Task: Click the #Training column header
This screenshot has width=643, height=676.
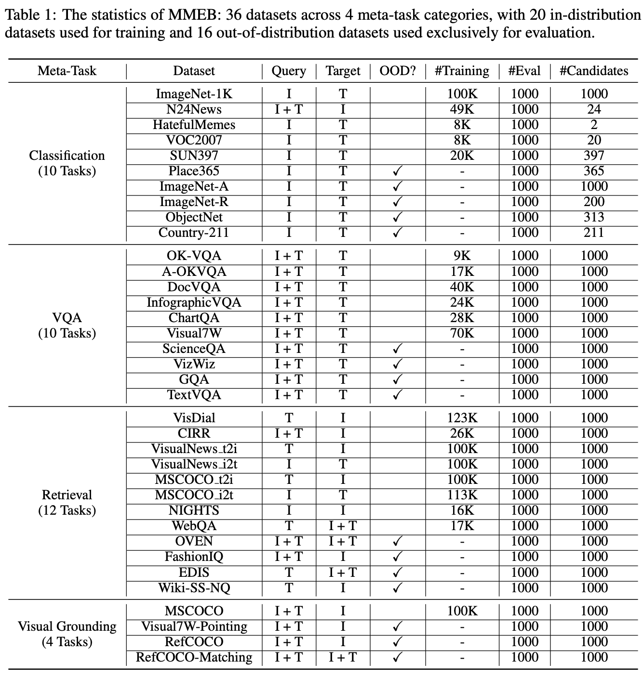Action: tap(462, 71)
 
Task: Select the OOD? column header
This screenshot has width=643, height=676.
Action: tap(397, 71)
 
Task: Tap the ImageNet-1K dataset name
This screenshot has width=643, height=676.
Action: tap(194, 94)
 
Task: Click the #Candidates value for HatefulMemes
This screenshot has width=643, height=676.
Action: tap(594, 125)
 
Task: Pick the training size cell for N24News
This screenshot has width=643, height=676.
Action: tap(462, 109)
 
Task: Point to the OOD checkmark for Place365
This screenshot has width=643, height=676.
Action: tap(397, 171)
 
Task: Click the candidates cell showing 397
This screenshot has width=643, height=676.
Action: tap(594, 156)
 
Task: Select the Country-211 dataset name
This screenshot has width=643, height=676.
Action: tap(194, 233)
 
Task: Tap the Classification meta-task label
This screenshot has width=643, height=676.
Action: tap(67, 156)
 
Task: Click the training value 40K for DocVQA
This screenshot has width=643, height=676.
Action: tap(462, 287)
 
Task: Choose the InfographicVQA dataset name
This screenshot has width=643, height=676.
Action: tap(194, 302)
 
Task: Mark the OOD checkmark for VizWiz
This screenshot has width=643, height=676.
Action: tap(397, 364)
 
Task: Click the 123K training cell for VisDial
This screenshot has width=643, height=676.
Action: tap(462, 418)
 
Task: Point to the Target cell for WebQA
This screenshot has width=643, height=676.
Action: tap(343, 526)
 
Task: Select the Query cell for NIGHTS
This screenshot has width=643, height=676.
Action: tap(289, 510)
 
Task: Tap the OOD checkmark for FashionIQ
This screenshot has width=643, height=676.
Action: tap(397, 557)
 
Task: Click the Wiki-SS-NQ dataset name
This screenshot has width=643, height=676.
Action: tap(194, 588)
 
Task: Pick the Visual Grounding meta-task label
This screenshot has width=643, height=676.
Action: tap(67, 626)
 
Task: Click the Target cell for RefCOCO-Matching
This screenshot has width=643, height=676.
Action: tap(343, 657)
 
